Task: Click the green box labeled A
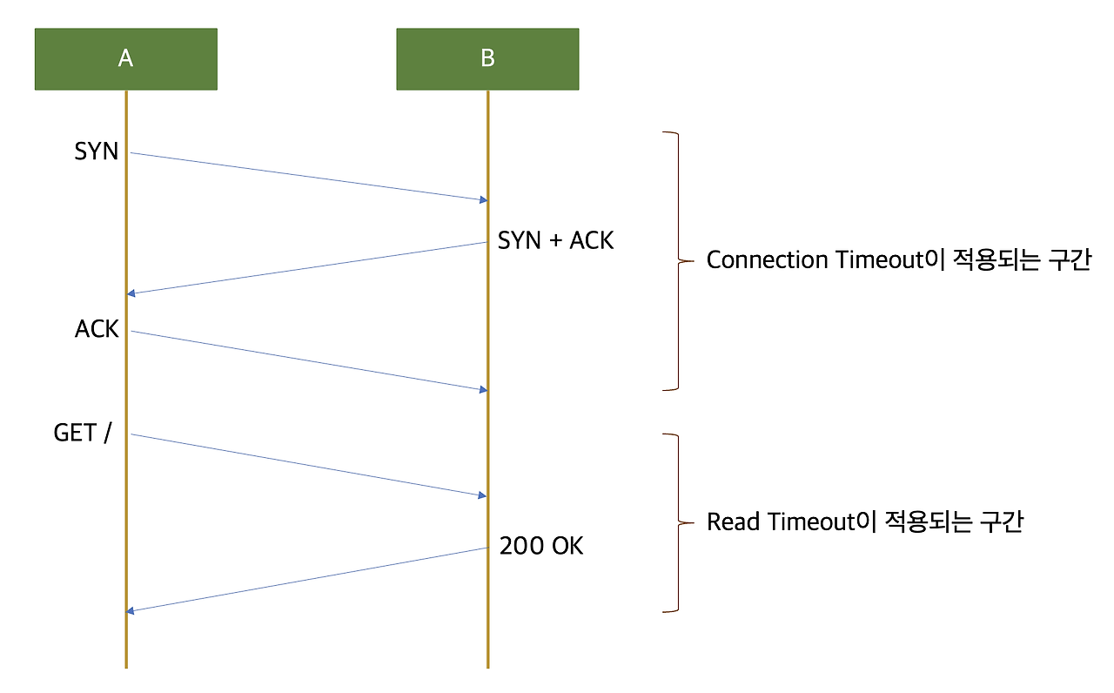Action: tap(125, 58)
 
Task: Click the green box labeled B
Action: tap(487, 58)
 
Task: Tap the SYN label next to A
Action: tap(96, 151)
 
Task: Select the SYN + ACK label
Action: tap(555, 240)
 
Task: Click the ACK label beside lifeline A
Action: tap(97, 329)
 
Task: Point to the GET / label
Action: tap(83, 433)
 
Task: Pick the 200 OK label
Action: tap(541, 546)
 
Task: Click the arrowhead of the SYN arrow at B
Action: tap(482, 200)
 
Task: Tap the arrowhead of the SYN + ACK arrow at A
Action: tap(131, 293)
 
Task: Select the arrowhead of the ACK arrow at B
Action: tap(482, 389)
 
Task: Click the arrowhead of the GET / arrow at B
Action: tap(482, 495)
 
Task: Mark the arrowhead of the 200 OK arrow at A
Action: tap(131, 610)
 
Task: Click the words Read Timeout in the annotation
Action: tap(780, 522)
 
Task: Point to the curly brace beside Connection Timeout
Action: tap(675, 260)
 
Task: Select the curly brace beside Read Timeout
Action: tap(675, 522)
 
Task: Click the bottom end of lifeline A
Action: tap(126, 666)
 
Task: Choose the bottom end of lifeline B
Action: tap(487, 666)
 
